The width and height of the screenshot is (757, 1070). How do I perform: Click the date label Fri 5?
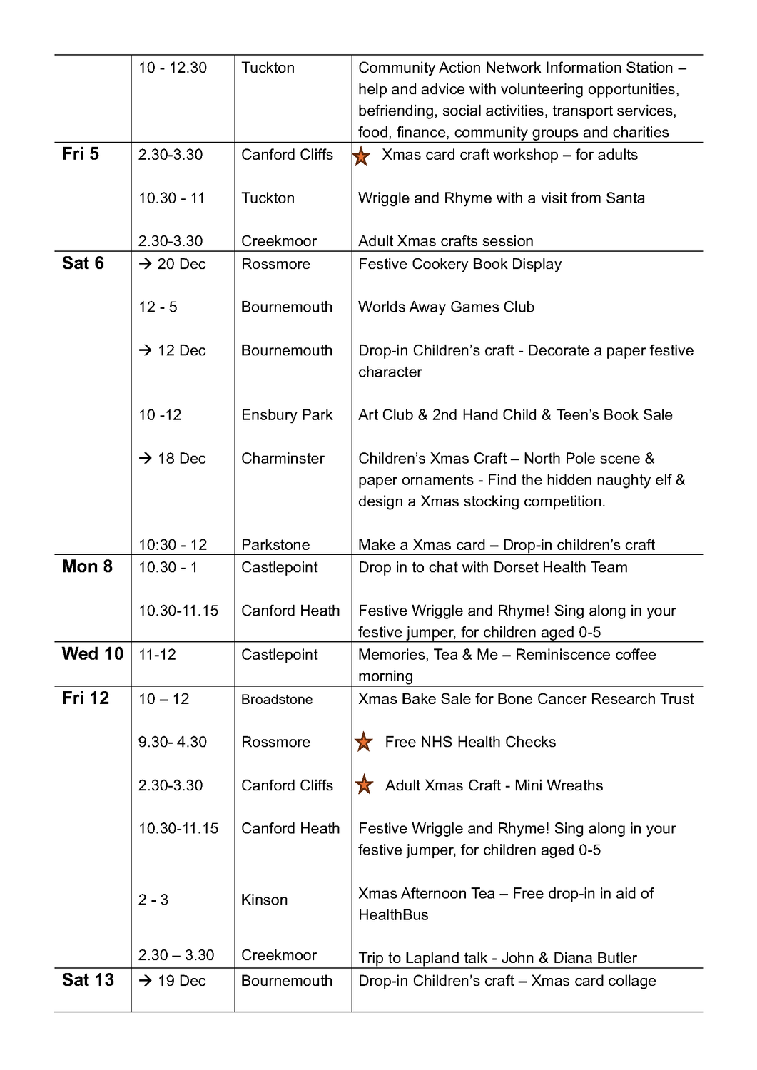pyautogui.click(x=81, y=154)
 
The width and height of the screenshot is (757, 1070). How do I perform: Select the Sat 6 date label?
pyautogui.click(x=83, y=263)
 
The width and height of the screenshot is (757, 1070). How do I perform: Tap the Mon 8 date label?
pyautogui.click(x=87, y=566)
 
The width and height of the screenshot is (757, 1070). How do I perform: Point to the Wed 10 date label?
pyautogui.click(x=93, y=653)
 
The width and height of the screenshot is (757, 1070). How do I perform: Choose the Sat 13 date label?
pyautogui.click(x=88, y=980)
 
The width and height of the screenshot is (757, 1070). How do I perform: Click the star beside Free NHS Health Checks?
pyautogui.click(x=364, y=742)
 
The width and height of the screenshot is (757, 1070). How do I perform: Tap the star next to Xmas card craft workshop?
pyautogui.click(x=362, y=156)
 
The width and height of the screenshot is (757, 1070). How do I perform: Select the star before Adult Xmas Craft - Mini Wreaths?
pyautogui.click(x=364, y=785)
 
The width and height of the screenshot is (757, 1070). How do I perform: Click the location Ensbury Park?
pyautogui.click(x=287, y=415)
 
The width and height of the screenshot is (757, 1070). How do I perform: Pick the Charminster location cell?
pyautogui.click(x=283, y=458)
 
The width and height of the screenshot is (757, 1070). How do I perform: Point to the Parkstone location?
pyautogui.click(x=275, y=545)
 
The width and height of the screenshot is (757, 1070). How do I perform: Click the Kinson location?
pyautogui.click(x=264, y=900)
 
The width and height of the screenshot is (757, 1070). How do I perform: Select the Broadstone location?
pyautogui.click(x=277, y=700)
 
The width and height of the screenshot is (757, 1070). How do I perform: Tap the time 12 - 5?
pyautogui.click(x=158, y=307)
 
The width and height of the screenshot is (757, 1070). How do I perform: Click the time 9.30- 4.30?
pyautogui.click(x=173, y=742)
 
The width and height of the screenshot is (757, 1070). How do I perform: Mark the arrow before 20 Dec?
pyautogui.click(x=146, y=264)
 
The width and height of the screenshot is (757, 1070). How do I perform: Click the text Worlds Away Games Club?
pyautogui.click(x=446, y=307)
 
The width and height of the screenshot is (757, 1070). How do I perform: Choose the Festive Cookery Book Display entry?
pyautogui.click(x=459, y=264)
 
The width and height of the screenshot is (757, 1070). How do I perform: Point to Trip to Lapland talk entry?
pyautogui.click(x=497, y=958)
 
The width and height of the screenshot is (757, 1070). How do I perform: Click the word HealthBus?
pyautogui.click(x=393, y=915)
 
